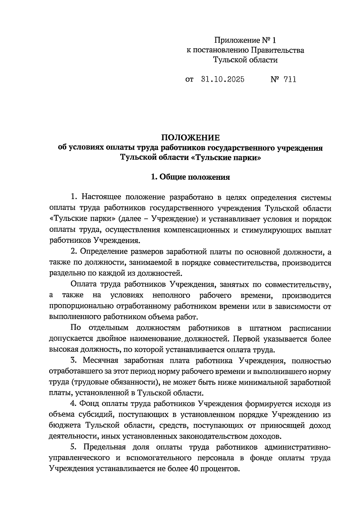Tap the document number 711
(x=289, y=79)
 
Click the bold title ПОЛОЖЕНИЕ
(x=190, y=137)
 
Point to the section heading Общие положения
(x=194, y=177)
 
